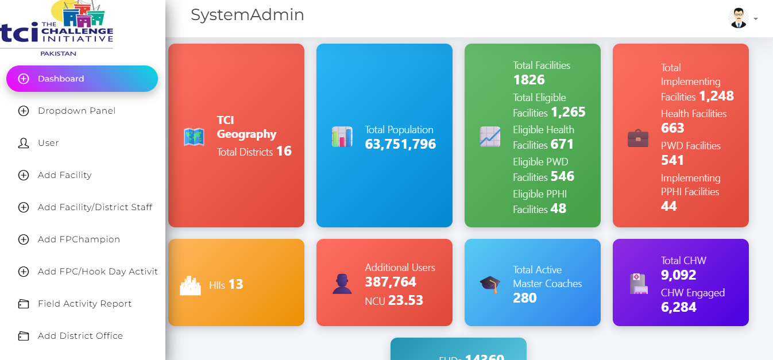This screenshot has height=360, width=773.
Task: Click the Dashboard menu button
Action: click(82, 79)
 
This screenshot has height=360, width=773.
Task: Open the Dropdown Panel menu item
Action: click(76, 111)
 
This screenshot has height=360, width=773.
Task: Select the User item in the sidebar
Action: click(48, 143)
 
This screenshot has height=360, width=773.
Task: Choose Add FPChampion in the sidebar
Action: click(79, 239)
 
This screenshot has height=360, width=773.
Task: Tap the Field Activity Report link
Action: click(84, 304)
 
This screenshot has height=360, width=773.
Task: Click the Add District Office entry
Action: click(80, 336)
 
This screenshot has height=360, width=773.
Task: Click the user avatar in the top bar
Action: click(738, 18)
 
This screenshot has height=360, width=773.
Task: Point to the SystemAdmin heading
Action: click(247, 15)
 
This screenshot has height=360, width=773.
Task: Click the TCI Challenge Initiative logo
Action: click(57, 29)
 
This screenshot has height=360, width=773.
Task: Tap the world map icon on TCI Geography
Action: click(194, 137)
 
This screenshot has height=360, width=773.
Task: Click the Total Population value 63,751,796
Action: click(400, 144)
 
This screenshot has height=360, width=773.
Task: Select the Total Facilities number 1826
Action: click(528, 80)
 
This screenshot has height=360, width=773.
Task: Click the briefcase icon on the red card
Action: click(638, 138)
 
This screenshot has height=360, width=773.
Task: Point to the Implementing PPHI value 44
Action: click(668, 206)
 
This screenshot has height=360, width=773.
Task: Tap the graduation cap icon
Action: click(490, 284)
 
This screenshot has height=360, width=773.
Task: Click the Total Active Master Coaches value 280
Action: click(524, 298)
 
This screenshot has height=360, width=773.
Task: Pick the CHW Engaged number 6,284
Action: click(678, 307)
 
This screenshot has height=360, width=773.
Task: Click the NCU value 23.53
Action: click(405, 300)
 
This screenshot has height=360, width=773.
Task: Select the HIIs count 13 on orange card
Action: click(235, 284)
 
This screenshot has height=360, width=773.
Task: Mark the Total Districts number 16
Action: click(284, 152)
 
